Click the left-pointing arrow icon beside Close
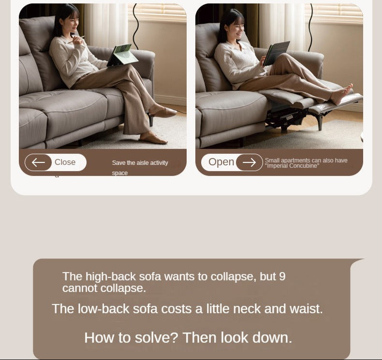point(38,162)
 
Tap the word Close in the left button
point(65,162)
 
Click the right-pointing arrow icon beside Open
point(249,162)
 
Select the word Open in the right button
point(221,162)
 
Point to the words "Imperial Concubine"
point(292,166)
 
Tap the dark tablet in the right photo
point(277,53)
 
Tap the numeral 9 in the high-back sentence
point(282,276)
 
